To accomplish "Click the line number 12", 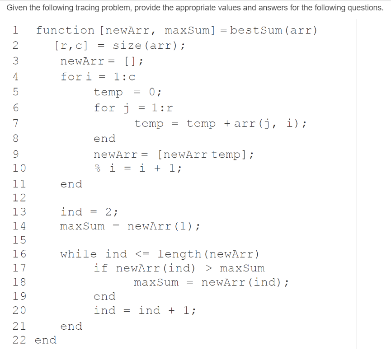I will [x=19, y=198].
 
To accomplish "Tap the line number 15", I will [x=19, y=240].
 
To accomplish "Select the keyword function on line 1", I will [x=65, y=31].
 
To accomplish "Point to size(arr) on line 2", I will [x=148, y=46].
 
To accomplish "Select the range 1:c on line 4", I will [x=124, y=77].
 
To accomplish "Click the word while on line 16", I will [x=78, y=254].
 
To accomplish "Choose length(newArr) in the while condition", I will [x=208, y=254].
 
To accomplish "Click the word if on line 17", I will [x=100, y=268].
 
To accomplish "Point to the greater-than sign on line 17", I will [x=209, y=268].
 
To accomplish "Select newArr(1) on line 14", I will [x=163, y=226].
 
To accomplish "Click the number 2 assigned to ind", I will [x=108, y=212].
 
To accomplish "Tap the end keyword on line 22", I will [x=46, y=340].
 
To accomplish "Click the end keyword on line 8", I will [x=104, y=139].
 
